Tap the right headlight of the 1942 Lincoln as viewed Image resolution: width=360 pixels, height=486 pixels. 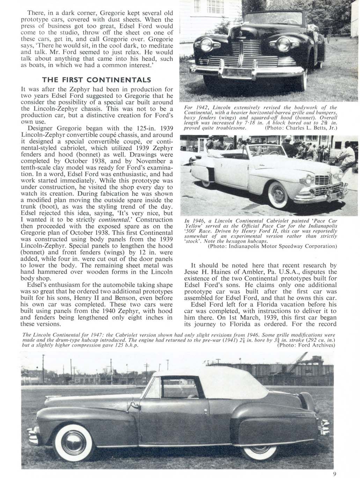pyautogui.click(x=283, y=45)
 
